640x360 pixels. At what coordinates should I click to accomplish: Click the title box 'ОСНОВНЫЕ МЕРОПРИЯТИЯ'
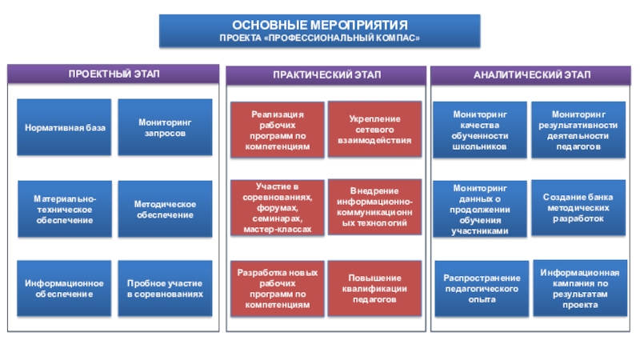pos(320,30)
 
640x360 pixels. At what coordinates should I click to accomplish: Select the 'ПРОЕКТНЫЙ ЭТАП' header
pos(113,74)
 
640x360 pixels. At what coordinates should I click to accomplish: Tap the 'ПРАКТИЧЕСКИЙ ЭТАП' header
pos(326,74)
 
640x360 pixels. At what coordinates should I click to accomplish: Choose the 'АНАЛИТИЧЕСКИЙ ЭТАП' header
pos(532,74)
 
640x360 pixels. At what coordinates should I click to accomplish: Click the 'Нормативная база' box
pos(65,128)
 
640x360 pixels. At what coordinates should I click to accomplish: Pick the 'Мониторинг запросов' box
pos(165,128)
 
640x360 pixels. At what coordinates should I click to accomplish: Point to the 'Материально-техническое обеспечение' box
pos(65,209)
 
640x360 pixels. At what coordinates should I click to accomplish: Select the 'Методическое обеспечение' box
pos(165,209)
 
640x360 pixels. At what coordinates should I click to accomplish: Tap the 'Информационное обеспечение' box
pos(65,289)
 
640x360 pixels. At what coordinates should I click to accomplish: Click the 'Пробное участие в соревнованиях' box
pos(165,289)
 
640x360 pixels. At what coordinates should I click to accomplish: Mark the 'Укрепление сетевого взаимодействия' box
pos(374,130)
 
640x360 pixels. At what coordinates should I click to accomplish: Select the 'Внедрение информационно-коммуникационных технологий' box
pos(374,207)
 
